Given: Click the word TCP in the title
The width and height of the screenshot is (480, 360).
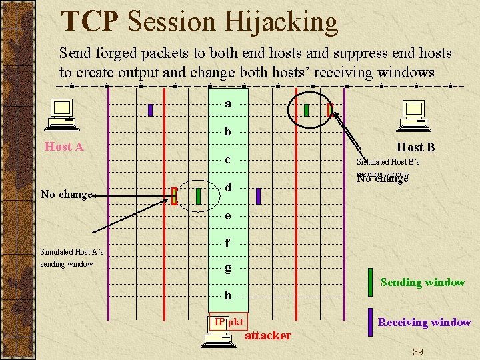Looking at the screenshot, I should [x=89, y=21].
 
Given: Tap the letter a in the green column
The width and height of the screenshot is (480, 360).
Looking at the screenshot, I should [x=228, y=104].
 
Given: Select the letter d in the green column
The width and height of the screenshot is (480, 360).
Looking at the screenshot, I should [x=228, y=188].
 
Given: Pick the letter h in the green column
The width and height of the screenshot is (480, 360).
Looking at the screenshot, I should [x=228, y=295].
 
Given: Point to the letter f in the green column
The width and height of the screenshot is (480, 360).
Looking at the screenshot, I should [x=228, y=243].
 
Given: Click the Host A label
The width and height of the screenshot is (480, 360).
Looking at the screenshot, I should [x=64, y=147].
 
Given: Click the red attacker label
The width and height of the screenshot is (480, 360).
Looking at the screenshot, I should [x=268, y=335].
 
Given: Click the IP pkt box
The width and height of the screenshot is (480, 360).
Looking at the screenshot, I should [x=229, y=322].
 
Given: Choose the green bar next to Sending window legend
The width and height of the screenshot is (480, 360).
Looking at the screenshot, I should [x=370, y=282].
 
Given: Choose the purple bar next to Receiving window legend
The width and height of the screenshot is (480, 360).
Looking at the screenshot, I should [x=370, y=321].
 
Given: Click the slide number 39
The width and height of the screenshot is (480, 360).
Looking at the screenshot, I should [x=417, y=351].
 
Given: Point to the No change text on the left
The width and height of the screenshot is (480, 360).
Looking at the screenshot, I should [x=65, y=195].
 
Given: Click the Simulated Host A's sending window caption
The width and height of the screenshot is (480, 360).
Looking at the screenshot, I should [x=71, y=258].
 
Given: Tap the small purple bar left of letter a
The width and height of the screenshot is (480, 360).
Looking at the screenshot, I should [x=151, y=110].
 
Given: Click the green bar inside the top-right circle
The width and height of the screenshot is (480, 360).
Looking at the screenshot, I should [x=306, y=110].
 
